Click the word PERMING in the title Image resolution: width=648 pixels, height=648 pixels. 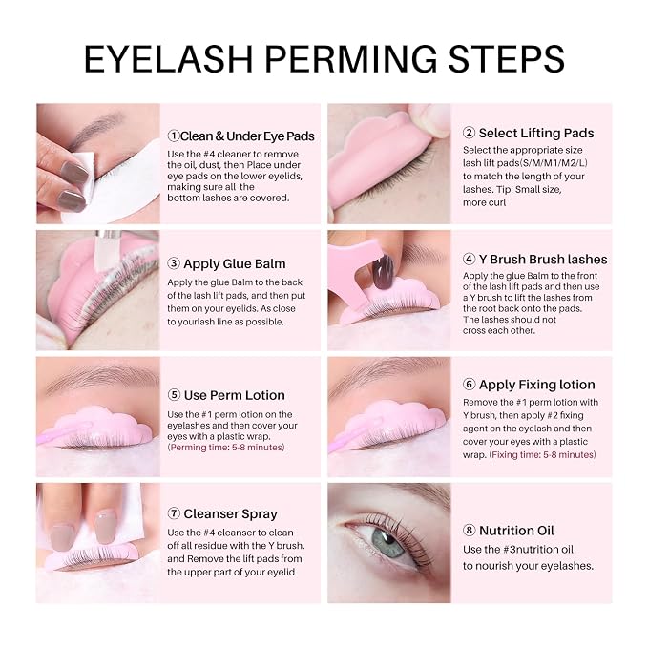(x=350, y=59)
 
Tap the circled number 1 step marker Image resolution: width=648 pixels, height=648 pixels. (x=174, y=136)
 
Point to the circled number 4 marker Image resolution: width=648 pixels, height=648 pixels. (x=469, y=260)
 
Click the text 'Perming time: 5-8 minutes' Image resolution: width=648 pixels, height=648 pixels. (x=226, y=448)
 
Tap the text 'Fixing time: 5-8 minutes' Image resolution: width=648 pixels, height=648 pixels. (x=542, y=454)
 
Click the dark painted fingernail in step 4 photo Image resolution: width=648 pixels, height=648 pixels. (x=383, y=271)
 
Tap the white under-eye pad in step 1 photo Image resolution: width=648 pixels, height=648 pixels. (x=124, y=186)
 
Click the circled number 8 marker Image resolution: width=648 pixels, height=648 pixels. (x=469, y=531)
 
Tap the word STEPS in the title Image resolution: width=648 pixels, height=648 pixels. (x=506, y=59)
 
